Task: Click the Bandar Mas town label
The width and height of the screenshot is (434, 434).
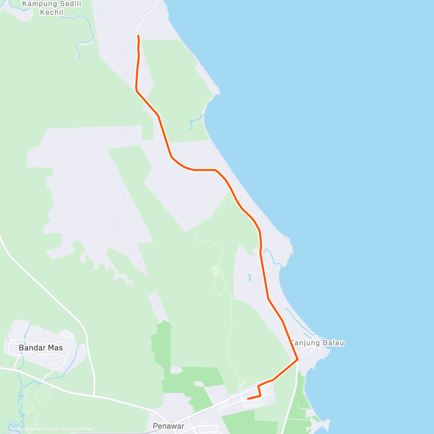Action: (x=41, y=348)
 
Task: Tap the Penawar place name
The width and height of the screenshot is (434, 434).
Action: (x=168, y=426)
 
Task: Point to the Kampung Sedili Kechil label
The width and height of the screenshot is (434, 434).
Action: (x=52, y=8)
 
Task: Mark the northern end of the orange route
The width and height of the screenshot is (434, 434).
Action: (x=138, y=35)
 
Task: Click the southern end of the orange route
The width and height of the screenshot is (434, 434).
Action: (x=248, y=399)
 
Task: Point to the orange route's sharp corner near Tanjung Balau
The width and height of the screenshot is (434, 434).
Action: (x=297, y=359)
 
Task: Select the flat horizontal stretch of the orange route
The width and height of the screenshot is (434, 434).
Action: (x=204, y=170)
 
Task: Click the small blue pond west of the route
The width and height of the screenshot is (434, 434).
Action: (x=249, y=277)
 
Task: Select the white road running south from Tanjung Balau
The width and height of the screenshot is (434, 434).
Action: (x=291, y=398)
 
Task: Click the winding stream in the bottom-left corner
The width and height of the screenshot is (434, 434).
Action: (x=20, y=401)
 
